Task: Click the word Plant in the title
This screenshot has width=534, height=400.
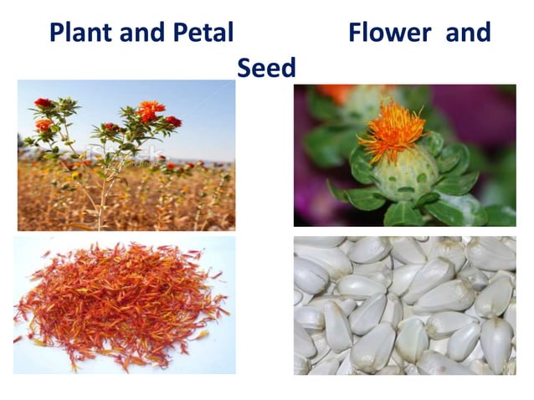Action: [79, 33]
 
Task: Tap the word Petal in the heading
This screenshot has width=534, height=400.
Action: [201, 33]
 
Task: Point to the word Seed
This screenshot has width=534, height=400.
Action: [266, 68]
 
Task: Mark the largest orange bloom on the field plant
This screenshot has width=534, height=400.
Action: [151, 110]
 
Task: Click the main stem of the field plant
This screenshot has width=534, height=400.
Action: [103, 192]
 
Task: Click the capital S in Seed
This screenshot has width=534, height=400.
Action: [244, 68]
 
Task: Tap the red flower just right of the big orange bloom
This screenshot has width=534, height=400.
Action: [172, 121]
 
